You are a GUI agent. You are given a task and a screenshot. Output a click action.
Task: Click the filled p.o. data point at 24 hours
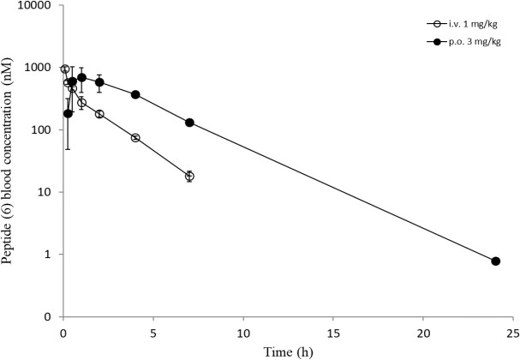click(495, 261)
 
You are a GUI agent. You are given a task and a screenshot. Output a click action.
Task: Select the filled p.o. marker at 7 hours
click(189, 123)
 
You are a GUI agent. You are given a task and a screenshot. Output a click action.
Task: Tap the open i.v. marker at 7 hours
click(189, 177)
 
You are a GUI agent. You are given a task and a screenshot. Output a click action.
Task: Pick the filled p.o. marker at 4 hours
click(135, 94)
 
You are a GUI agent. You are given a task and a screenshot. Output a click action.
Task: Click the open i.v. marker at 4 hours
click(135, 138)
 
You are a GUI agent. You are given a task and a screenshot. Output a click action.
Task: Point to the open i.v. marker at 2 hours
click(99, 114)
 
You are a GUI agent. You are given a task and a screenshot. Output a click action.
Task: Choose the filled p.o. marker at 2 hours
click(99, 82)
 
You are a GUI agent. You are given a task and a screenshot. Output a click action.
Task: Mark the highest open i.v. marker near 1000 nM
click(65, 69)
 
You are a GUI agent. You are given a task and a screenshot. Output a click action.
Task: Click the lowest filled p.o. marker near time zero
click(68, 114)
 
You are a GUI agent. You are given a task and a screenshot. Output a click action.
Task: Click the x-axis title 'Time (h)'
click(288, 351)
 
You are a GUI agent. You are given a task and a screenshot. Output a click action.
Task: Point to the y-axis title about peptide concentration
click(7, 161)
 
